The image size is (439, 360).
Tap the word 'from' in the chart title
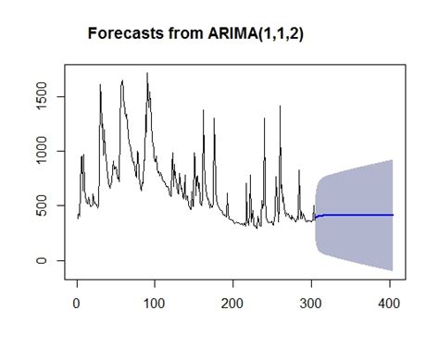[x=177, y=33]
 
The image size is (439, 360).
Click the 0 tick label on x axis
[x=76, y=302]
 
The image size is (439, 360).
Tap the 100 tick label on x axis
[x=155, y=302]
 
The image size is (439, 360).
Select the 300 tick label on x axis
[x=312, y=302]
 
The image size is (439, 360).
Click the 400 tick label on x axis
[x=390, y=302]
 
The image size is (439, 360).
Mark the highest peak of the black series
[x=147, y=73]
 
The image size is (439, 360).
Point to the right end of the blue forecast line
[x=393, y=215]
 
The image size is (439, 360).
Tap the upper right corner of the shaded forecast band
[x=393, y=160]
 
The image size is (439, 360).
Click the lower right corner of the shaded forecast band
[x=393, y=270]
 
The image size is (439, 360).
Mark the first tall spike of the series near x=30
[x=100, y=85]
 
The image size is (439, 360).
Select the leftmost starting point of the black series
[x=78, y=217]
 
